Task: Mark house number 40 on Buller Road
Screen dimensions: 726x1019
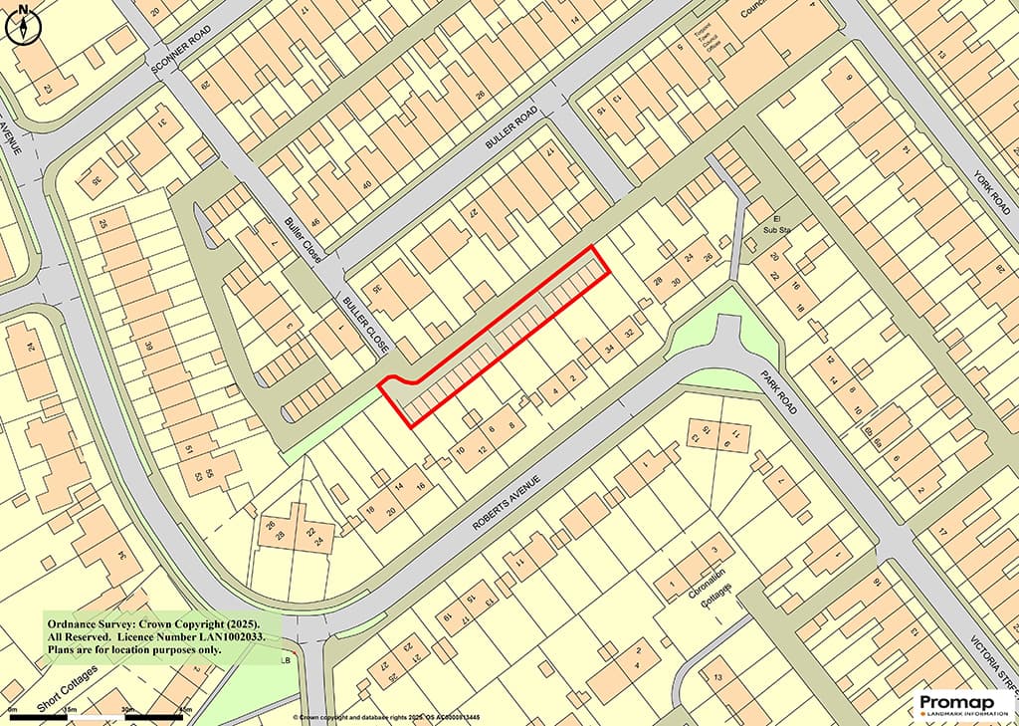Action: coord(368,185)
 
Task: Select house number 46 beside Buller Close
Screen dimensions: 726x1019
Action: coord(315,222)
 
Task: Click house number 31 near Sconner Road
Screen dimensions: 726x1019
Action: coord(163,122)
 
